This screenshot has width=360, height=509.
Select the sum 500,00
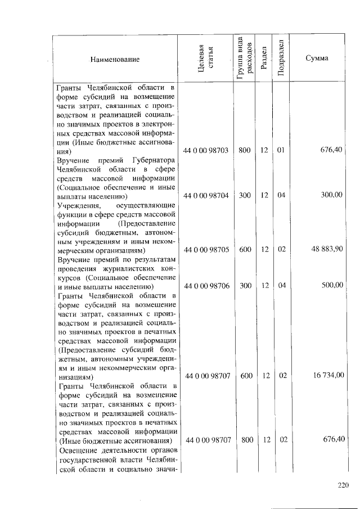(332, 286)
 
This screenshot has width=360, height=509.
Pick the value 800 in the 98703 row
(245, 151)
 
